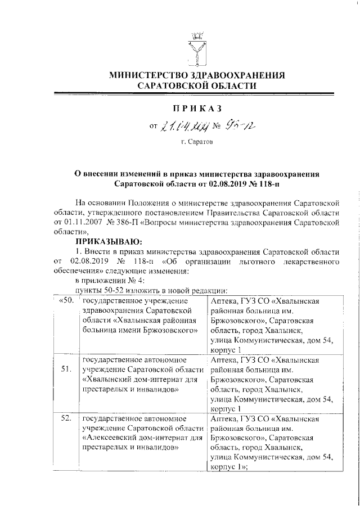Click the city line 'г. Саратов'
click(x=197, y=143)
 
